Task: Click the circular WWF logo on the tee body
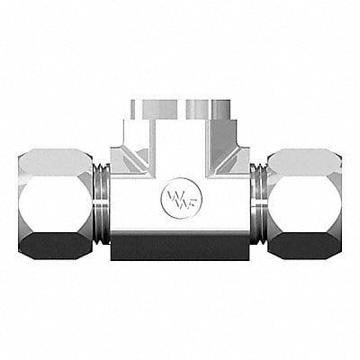tap(180, 198)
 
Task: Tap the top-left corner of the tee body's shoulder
tap(112, 145)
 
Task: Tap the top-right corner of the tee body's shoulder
tap(247, 145)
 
